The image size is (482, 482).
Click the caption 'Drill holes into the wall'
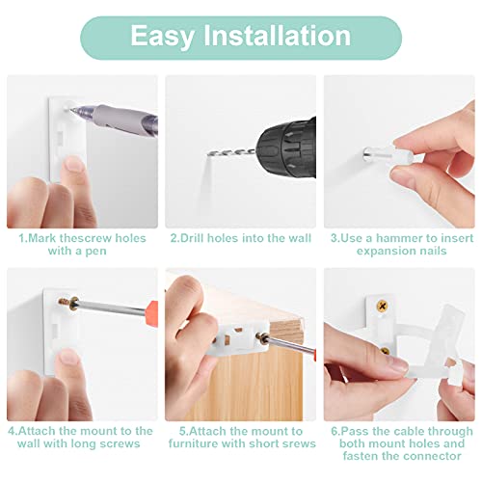(240, 237)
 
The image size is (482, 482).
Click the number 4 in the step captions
(11, 431)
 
